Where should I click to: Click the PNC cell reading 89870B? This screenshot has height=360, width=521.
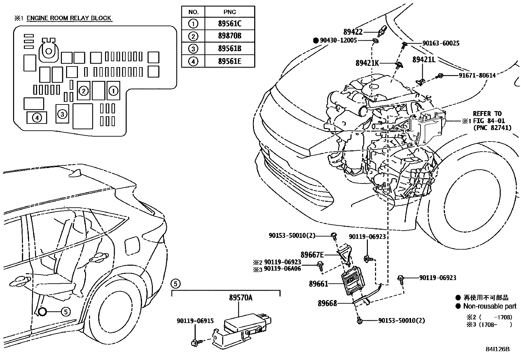[x=229, y=36]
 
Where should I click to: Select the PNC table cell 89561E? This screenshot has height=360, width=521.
[x=229, y=61]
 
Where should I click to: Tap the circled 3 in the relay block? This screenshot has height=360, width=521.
[x=62, y=114]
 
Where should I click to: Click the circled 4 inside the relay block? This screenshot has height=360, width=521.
[x=37, y=117]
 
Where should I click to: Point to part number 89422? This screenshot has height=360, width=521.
[x=353, y=32]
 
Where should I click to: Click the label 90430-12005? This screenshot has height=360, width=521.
[x=338, y=40]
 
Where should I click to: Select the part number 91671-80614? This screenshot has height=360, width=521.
[x=477, y=75]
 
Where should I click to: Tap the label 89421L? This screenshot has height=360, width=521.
[x=424, y=60]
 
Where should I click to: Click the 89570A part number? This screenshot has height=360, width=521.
[x=241, y=297]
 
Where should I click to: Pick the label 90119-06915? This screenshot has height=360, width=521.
[x=195, y=321]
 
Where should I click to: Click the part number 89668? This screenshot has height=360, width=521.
[x=327, y=303]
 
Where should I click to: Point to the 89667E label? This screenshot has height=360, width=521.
[x=312, y=255]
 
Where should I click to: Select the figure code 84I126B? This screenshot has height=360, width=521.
[x=497, y=349]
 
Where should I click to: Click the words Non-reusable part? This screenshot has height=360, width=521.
[x=490, y=306]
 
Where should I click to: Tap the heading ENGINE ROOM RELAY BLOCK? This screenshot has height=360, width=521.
[x=69, y=18]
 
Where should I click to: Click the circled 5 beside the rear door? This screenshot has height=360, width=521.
[x=65, y=312]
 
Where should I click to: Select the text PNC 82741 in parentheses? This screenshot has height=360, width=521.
[x=492, y=128]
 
